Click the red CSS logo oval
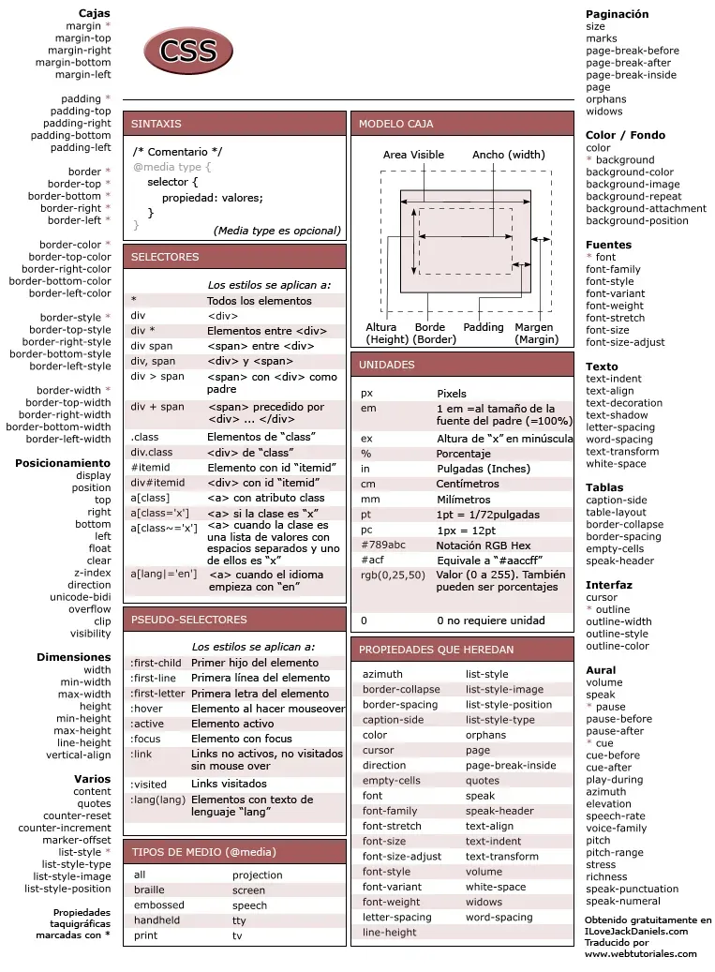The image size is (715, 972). click(x=187, y=52)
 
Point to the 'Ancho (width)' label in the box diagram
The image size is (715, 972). click(x=508, y=155)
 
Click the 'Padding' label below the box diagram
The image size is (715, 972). click(x=484, y=328)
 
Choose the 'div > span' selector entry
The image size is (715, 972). click(x=157, y=376)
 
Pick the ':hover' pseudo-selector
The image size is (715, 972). click(x=146, y=709)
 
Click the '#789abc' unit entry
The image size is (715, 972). click(x=383, y=545)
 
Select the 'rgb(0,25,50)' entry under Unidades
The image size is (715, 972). click(x=393, y=575)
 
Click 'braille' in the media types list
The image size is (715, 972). click(x=149, y=890)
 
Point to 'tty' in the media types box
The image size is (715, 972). click(x=239, y=920)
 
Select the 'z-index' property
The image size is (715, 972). click(x=93, y=573)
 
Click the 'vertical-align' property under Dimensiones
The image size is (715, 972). click(x=78, y=755)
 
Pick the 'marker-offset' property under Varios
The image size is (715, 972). click(x=76, y=840)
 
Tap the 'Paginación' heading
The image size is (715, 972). click(x=617, y=14)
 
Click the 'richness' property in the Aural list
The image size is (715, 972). click(x=606, y=876)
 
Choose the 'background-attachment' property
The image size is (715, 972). click(x=647, y=209)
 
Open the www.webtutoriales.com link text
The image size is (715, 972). click(x=641, y=954)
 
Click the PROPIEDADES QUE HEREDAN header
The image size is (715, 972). click(x=436, y=649)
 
